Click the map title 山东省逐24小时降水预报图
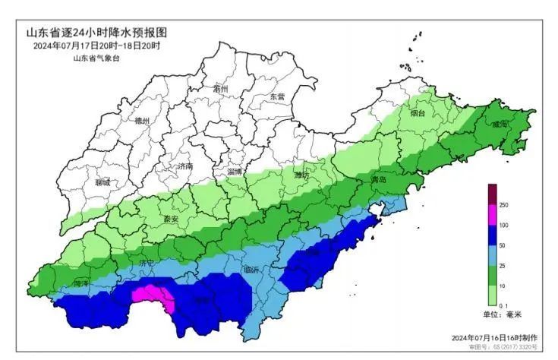coord(96,33)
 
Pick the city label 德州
coord(142,121)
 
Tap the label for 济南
coord(184,166)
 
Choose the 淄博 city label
coord(235,172)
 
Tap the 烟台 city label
coord(417,114)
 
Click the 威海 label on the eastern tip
coord(500,123)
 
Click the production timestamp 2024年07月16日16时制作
coord(493,337)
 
